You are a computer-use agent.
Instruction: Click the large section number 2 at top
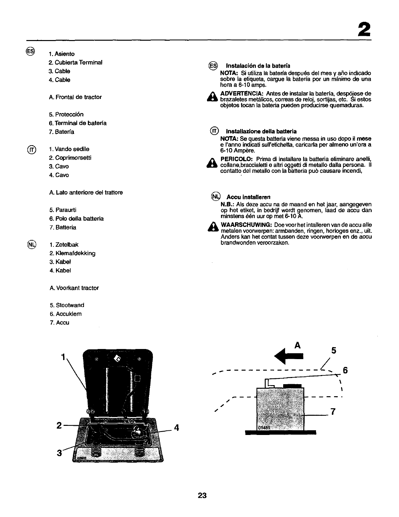(x=364, y=30)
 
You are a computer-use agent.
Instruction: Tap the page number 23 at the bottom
(x=202, y=496)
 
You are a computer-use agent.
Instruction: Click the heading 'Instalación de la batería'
(x=258, y=66)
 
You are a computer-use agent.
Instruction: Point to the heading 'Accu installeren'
(x=248, y=197)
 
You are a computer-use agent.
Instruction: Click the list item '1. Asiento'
(x=62, y=54)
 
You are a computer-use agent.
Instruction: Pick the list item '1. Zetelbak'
(x=64, y=245)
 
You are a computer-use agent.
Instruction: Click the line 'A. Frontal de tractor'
(x=75, y=97)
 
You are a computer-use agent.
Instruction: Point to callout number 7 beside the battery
(x=333, y=412)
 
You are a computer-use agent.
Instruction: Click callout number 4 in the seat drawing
(x=177, y=427)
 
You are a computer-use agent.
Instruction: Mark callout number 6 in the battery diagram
(x=346, y=370)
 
